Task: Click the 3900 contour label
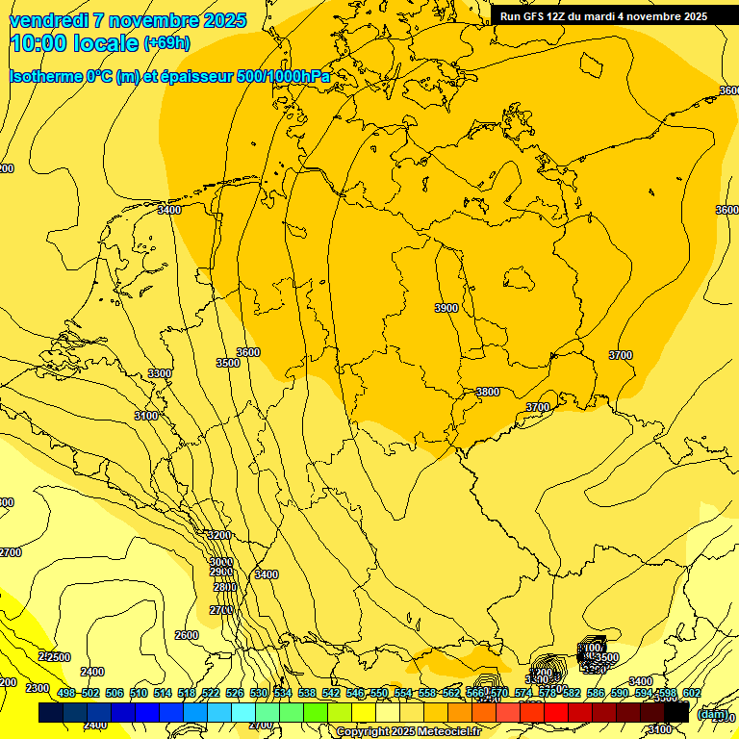click(x=446, y=308)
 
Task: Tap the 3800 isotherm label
click(x=488, y=392)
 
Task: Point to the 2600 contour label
click(x=187, y=635)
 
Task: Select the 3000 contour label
click(x=221, y=562)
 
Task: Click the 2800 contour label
click(x=224, y=587)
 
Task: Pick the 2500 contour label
click(x=58, y=657)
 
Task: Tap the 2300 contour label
click(x=38, y=687)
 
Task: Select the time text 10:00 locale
click(x=73, y=43)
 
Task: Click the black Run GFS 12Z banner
click(x=604, y=16)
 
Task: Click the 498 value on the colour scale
click(x=66, y=693)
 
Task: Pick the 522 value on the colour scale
click(x=211, y=693)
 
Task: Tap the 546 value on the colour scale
click(x=355, y=693)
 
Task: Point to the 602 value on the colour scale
click(x=691, y=693)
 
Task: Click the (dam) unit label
click(x=712, y=714)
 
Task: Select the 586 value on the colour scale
click(x=596, y=693)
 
